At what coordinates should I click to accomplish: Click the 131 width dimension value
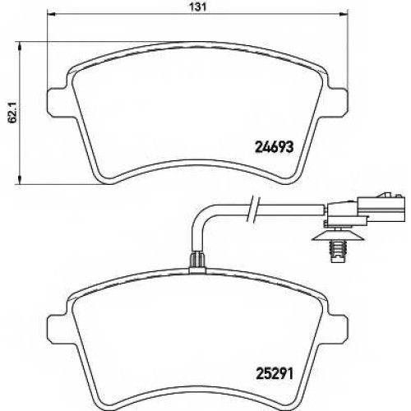tap(197, 7)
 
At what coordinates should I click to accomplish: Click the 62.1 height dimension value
tap(12, 113)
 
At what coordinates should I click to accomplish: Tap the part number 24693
tap(275, 147)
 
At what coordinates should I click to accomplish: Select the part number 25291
tap(275, 374)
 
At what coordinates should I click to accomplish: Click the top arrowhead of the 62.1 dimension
tap(19, 46)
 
